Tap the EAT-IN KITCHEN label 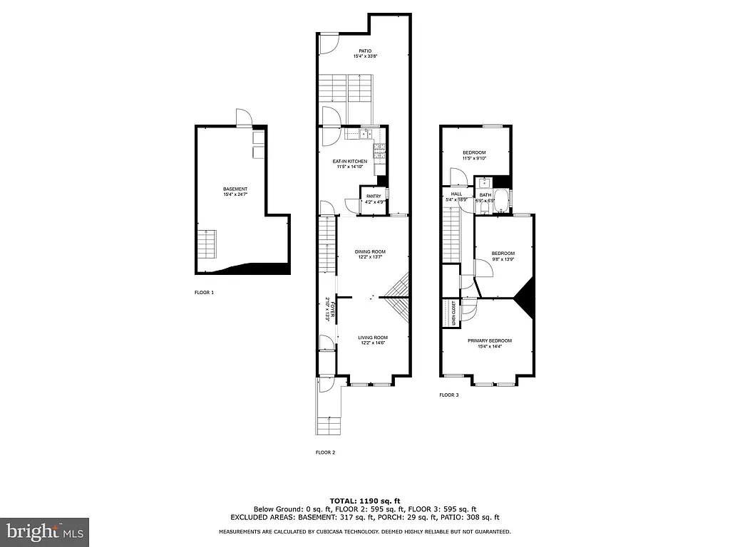pyautogui.click(x=350, y=162)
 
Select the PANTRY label pyautogui.click(x=374, y=196)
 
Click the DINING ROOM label pyautogui.click(x=370, y=251)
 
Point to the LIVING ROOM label pyautogui.click(x=372, y=338)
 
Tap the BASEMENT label pyautogui.click(x=235, y=189)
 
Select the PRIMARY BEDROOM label pyautogui.click(x=490, y=340)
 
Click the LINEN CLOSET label pyautogui.click(x=453, y=313)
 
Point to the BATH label pyautogui.click(x=485, y=194)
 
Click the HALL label pyautogui.click(x=456, y=194)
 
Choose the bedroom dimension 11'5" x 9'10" pyautogui.click(x=474, y=158)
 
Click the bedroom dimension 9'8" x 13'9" pyautogui.click(x=503, y=259)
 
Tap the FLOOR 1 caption pyautogui.click(x=204, y=292)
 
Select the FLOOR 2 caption pyautogui.click(x=325, y=452)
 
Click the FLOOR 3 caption pyautogui.click(x=448, y=395)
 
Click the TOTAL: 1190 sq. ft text pyautogui.click(x=364, y=500)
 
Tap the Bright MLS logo pyautogui.click(x=44, y=531)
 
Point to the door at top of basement pyautogui.click(x=243, y=118)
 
